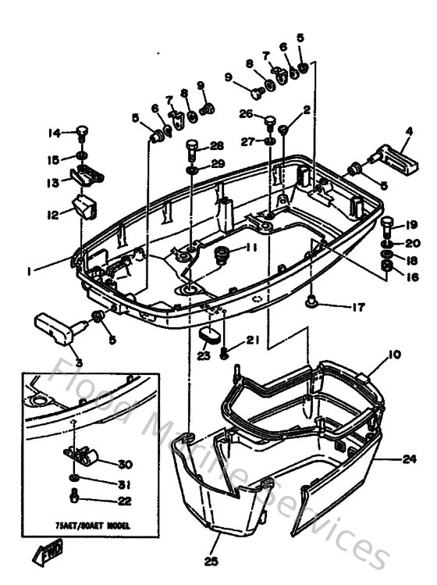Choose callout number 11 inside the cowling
click(251, 248)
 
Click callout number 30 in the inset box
click(124, 464)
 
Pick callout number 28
click(216, 145)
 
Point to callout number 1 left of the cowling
click(28, 271)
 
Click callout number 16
click(412, 276)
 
